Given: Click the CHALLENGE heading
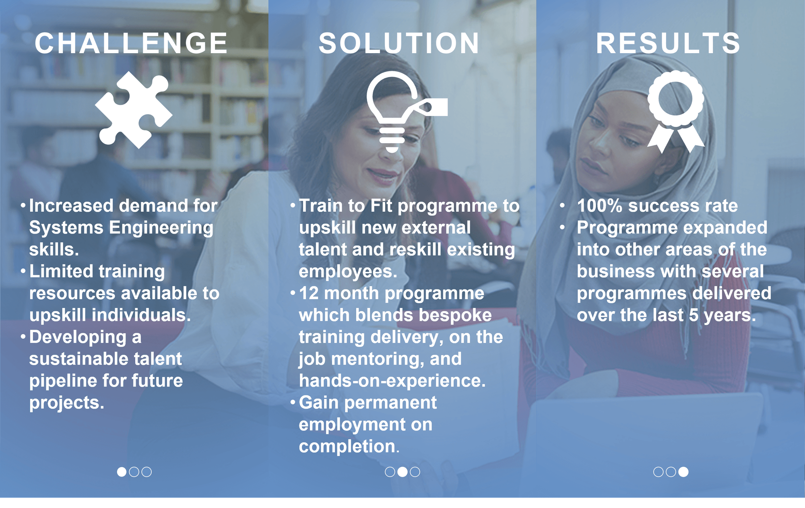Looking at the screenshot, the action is pyautogui.click(x=131, y=43).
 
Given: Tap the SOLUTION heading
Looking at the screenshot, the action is pyautogui.click(x=399, y=43).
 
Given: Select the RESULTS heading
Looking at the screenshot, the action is pyautogui.click(x=668, y=43).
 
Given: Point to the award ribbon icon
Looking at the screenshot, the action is pyautogui.click(x=676, y=112).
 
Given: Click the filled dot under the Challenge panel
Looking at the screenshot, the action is pyautogui.click(x=122, y=472).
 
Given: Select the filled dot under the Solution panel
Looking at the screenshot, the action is pyautogui.click(x=402, y=472).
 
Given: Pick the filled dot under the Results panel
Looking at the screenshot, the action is pyautogui.click(x=683, y=472).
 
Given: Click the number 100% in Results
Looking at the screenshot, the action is pyautogui.click(x=600, y=206).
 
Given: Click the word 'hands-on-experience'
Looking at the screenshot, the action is pyautogui.click(x=392, y=381).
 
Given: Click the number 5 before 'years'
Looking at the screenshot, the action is pyautogui.click(x=694, y=315).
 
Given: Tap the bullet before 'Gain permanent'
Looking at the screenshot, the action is pyautogui.click(x=293, y=402).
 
